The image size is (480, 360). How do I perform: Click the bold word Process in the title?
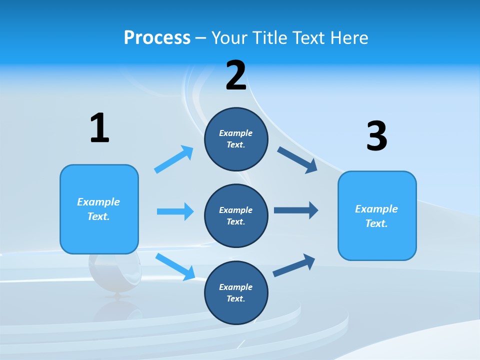(157, 37)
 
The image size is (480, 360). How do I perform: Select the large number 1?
(99, 128)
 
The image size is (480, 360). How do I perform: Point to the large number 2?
(236, 76)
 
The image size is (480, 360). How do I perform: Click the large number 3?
(376, 136)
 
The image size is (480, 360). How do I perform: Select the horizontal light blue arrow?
(175, 211)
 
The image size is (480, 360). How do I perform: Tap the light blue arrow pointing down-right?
(175, 266)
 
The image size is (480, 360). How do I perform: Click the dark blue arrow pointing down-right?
(297, 160)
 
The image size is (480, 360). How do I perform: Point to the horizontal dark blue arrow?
(296, 210)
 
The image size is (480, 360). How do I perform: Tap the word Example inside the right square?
(376, 209)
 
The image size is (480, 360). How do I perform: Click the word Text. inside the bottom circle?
(235, 298)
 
